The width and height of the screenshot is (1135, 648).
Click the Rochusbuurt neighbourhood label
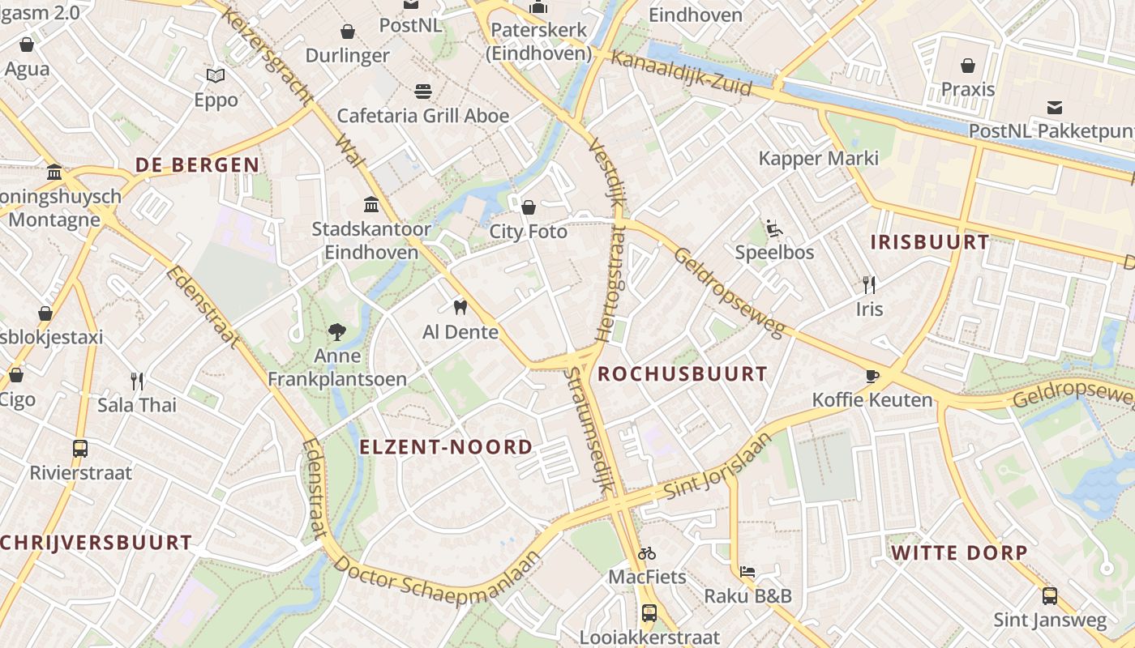point(682,374)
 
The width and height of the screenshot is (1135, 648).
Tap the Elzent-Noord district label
point(446,447)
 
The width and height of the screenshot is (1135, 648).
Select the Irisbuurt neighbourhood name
point(930,242)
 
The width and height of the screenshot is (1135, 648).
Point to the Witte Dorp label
point(959,553)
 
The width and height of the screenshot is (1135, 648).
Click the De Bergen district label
point(197,165)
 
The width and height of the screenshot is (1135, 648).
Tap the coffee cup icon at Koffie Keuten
point(872,376)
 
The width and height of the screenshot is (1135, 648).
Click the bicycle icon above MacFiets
point(647,554)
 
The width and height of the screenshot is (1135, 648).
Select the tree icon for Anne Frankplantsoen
point(337,331)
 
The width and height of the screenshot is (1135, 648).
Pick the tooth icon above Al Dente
point(460,308)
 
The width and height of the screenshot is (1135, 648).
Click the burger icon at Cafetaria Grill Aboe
point(422,91)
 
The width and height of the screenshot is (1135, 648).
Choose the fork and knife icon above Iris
point(869,284)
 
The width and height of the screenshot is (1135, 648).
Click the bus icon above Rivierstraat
point(80,448)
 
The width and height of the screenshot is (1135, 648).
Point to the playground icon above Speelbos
point(774,229)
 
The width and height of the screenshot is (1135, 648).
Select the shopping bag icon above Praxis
point(967,66)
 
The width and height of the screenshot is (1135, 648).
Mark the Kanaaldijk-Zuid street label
point(681,72)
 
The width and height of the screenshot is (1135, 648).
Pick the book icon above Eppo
point(216,76)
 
